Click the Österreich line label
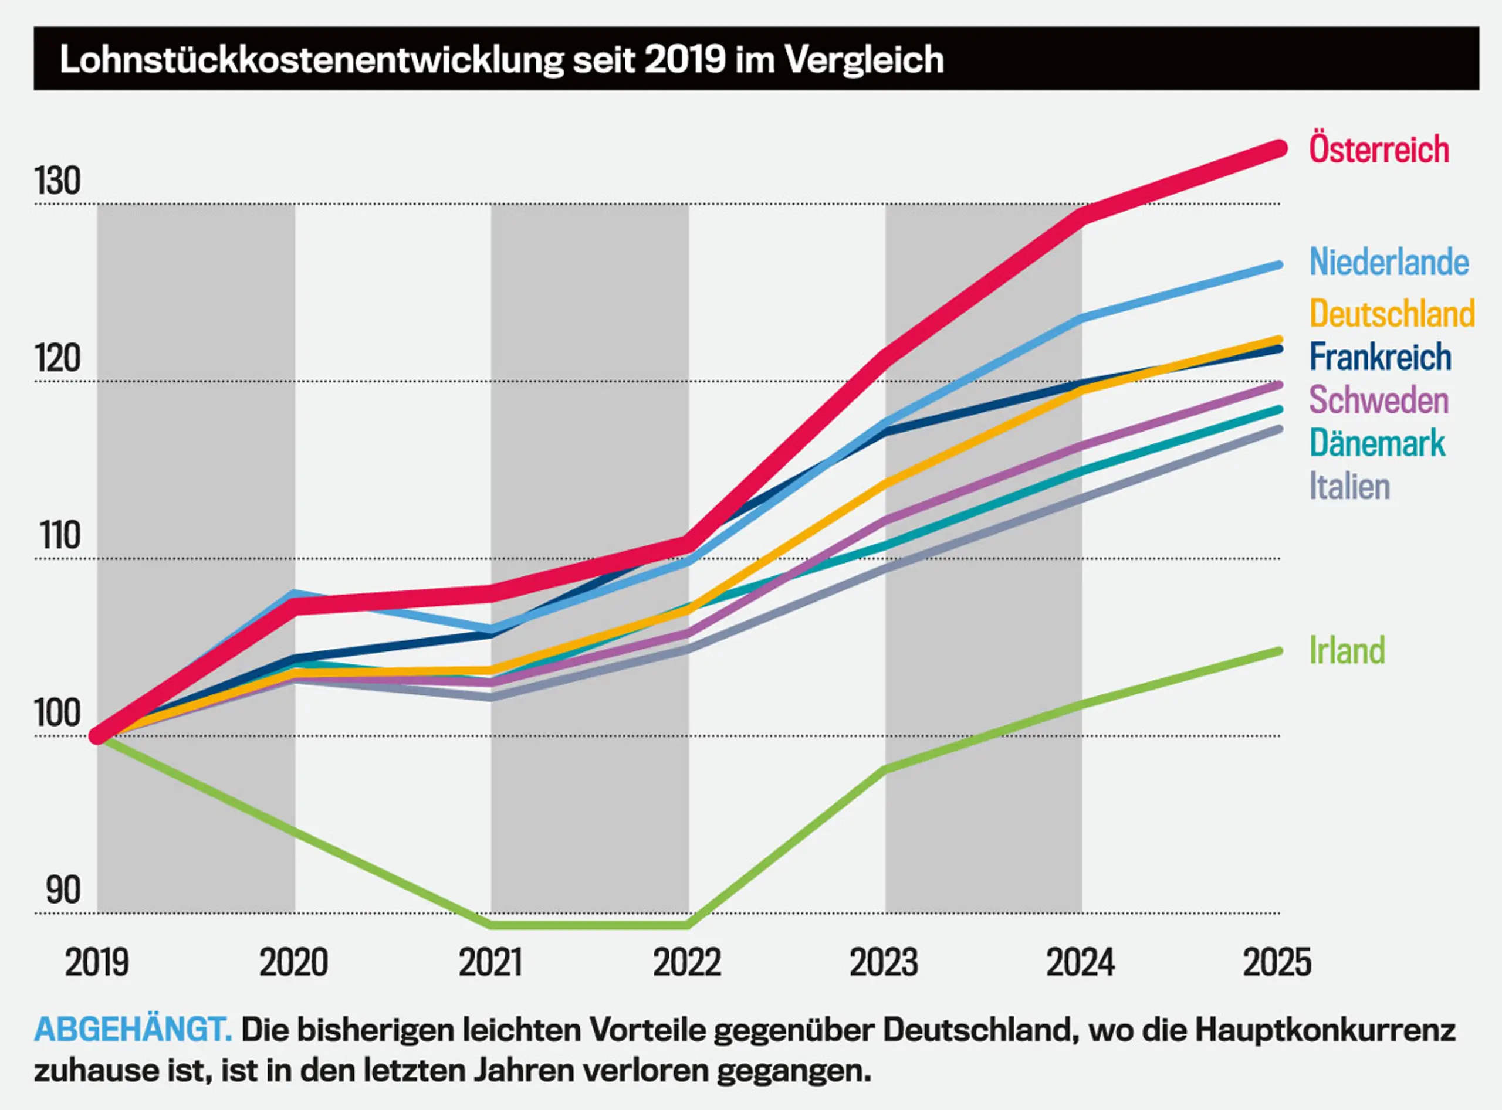pos(1378,149)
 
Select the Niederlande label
pos(1388,262)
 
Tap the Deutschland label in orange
pos(1392,314)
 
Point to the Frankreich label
pos(1379,357)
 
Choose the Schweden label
pos(1378,400)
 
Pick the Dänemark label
pos(1376,443)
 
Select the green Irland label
pos(1347,650)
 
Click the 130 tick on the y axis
pos(58,181)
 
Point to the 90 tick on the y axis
pos(63,890)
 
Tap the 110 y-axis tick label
pos(60,536)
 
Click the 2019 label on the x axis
pos(97,962)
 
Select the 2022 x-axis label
pos(686,962)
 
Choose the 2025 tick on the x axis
pos(1277,962)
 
